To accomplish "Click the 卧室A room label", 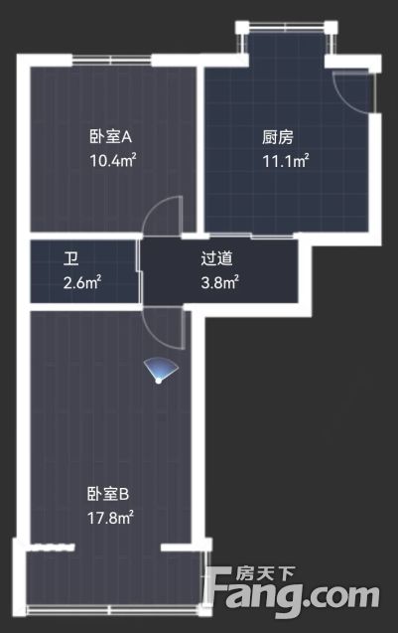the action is [x=110, y=137].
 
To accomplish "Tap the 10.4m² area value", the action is [x=112, y=160].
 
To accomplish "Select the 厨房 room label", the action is [x=278, y=137].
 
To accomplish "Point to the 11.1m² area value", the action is [x=286, y=161].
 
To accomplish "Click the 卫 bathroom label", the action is [x=71, y=258].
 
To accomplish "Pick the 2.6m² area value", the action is [x=82, y=282].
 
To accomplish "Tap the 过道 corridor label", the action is [x=217, y=258].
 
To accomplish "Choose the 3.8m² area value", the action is [x=219, y=282].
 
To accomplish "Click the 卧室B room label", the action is [x=108, y=494].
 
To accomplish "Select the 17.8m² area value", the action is [x=110, y=517].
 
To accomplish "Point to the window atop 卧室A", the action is [x=111, y=61].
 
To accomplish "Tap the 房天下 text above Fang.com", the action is [x=266, y=573].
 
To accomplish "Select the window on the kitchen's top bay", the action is [x=286, y=28].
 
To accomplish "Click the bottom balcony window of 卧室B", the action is [x=113, y=610].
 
